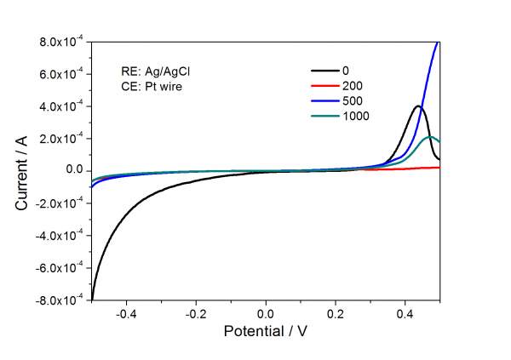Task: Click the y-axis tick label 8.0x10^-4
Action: click(61, 42)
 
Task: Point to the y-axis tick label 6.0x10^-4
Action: click(61, 74)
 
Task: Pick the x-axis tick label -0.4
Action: click(126, 313)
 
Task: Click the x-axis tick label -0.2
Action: click(196, 313)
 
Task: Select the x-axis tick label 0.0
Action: click(267, 313)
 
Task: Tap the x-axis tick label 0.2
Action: click(336, 313)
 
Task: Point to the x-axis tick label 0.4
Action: click(406, 313)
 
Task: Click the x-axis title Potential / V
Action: click(266, 331)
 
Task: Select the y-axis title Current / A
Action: click(23, 170)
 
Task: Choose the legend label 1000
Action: click(355, 117)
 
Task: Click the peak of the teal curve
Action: click(432, 136)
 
